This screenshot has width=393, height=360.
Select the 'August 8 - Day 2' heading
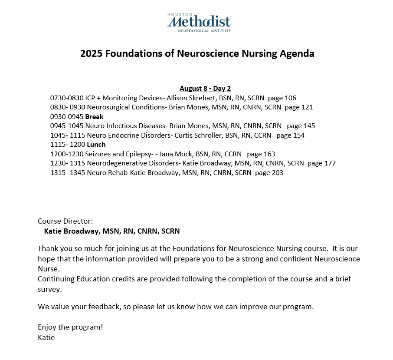tap(205, 89)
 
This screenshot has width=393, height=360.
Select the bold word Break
tap(94, 117)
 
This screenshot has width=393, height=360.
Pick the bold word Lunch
tap(96, 145)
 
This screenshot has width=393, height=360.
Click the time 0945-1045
tap(67, 126)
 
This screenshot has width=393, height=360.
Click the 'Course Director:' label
tap(65, 221)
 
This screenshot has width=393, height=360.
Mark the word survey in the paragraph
tap(49, 289)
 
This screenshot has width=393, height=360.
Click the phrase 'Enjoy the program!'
tap(70, 327)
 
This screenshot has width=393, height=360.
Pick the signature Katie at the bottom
tap(46, 337)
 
